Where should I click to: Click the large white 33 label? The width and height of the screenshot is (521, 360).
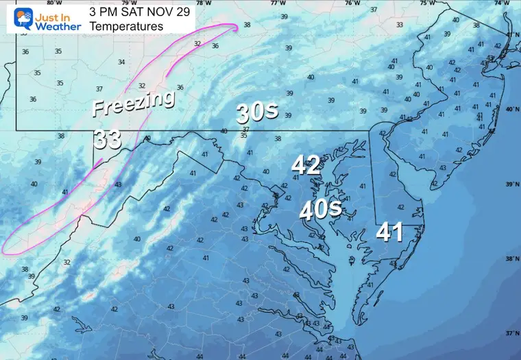pyautogui.click(x=108, y=139)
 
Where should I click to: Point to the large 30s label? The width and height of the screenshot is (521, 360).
pyautogui.click(x=258, y=112)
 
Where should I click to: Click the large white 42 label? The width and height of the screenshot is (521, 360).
pyautogui.click(x=306, y=164)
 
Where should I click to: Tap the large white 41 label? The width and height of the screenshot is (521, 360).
pyautogui.click(x=389, y=232)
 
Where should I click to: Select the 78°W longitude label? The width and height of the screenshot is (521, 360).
pyautogui.click(x=203, y=3)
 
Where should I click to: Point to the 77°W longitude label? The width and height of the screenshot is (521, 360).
pyautogui.click(x=278, y=3)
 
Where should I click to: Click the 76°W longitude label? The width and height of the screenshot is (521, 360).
pyautogui.click(x=352, y=3)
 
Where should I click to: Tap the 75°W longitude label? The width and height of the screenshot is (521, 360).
pyautogui.click(x=427, y=3)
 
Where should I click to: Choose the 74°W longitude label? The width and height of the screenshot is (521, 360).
pyautogui.click(x=502, y=3)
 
